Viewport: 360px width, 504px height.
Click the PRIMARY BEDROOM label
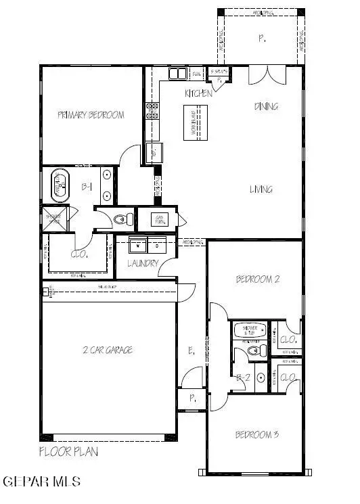[91, 115]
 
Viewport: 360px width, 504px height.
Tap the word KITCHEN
[198, 93]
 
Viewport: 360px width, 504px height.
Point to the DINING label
[266, 106]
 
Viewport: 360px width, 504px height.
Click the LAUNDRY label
[143, 263]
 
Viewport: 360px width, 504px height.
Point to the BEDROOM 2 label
[257, 279]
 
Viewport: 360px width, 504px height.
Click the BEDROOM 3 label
[256, 434]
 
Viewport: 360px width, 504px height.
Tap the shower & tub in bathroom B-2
[248, 331]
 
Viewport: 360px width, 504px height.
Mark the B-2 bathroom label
[242, 379]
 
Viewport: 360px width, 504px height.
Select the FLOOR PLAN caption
[68, 451]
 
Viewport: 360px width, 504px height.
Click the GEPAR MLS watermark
[43, 482]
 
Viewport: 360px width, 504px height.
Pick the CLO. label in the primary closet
[81, 255]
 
